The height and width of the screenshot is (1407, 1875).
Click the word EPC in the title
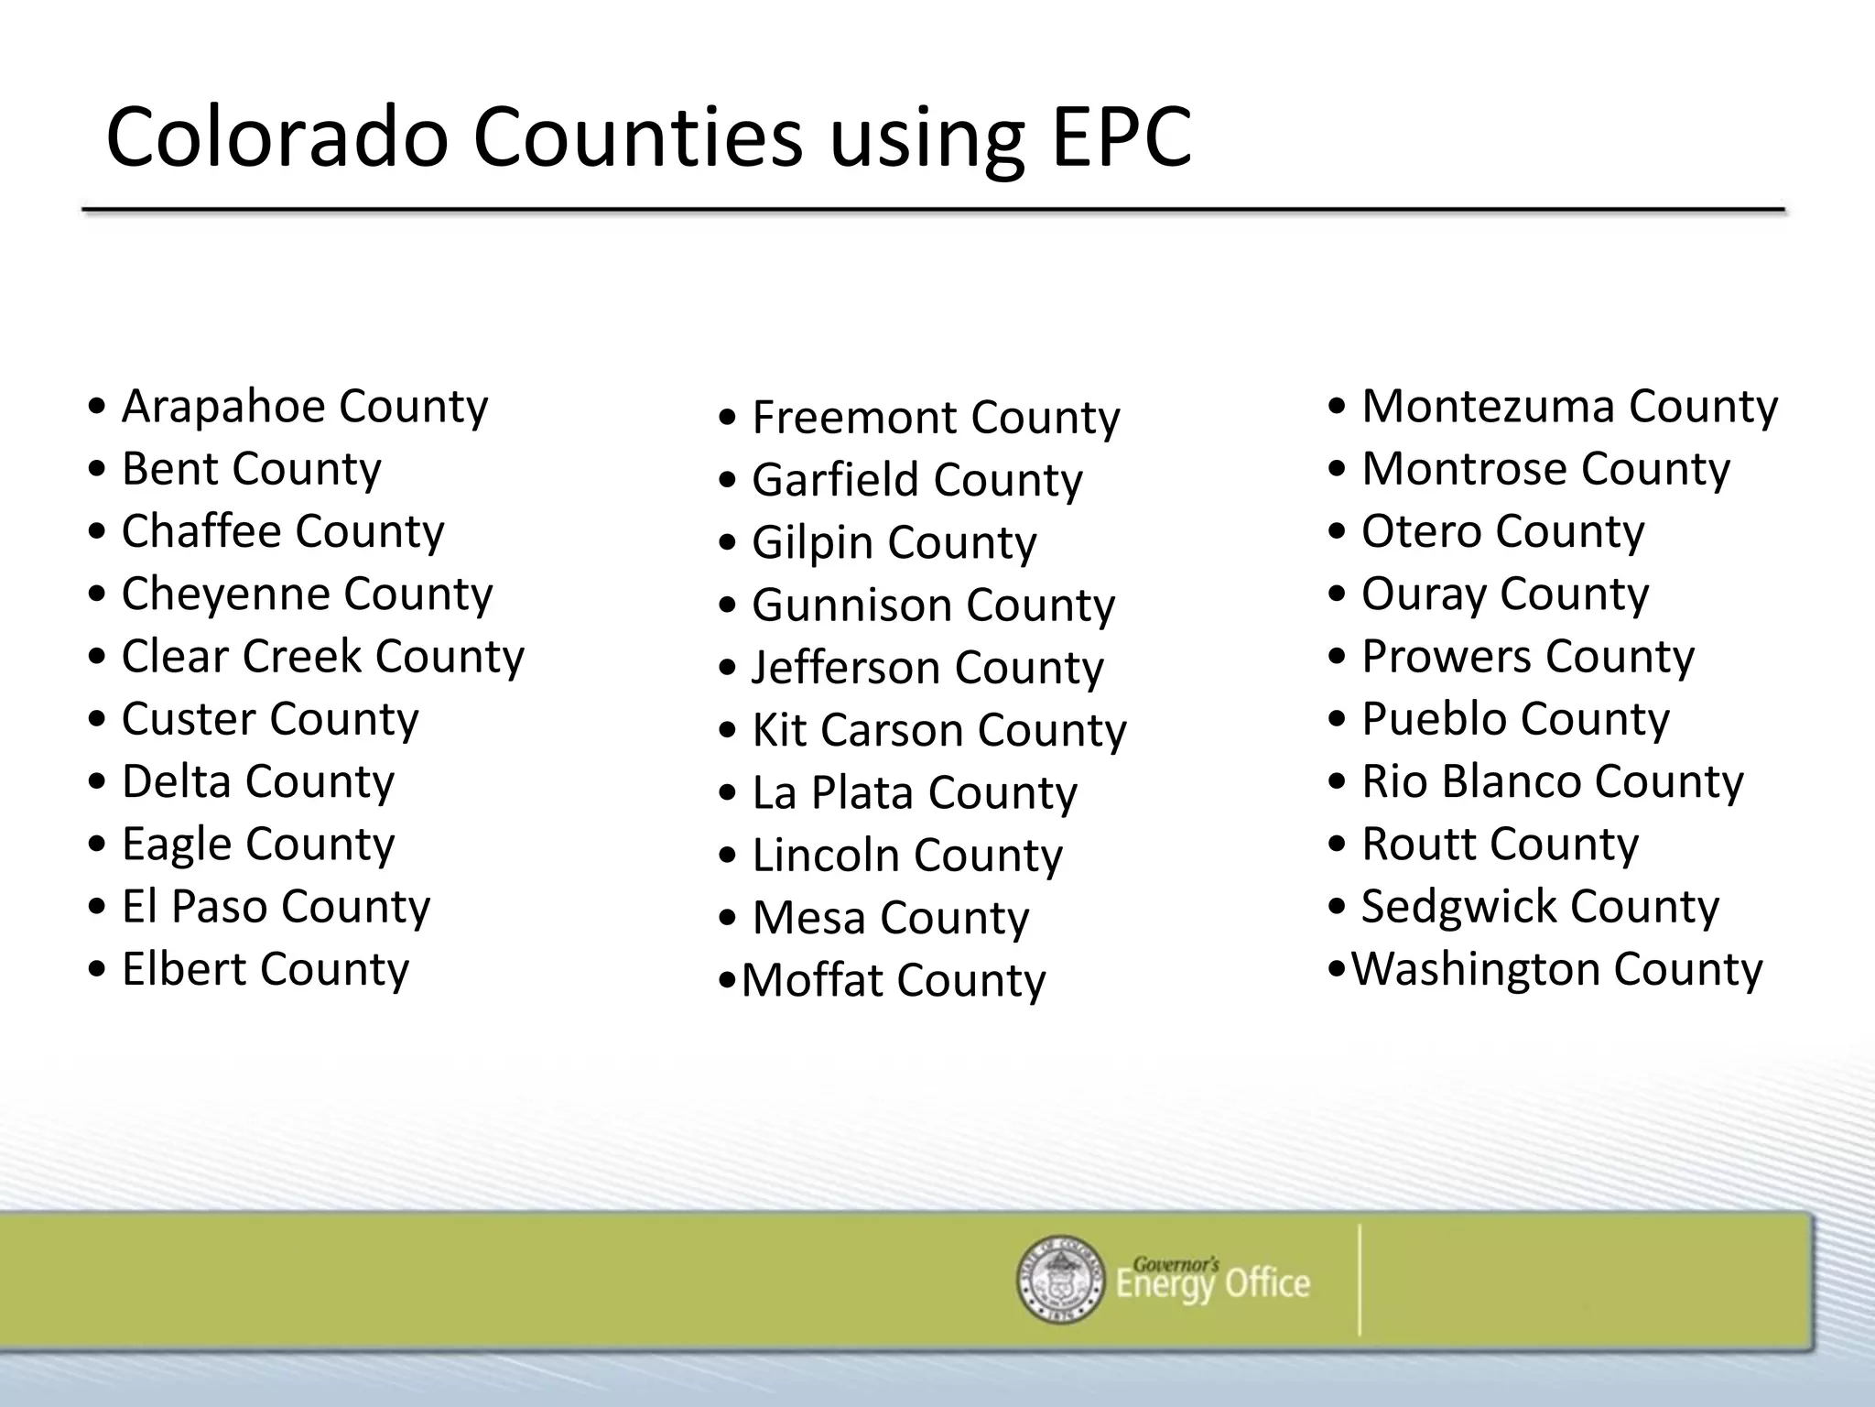1122,137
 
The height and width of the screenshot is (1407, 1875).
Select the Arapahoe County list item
304,406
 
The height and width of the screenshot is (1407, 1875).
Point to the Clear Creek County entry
322,656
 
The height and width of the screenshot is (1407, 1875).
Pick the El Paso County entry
276,906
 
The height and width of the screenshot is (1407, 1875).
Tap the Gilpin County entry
894,542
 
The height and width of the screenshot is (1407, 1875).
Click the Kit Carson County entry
938,730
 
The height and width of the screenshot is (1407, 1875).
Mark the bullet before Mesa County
728,918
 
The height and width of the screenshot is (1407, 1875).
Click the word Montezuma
1488,406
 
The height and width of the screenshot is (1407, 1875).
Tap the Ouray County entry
1504,594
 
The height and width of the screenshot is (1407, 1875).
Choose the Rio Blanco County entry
1552,781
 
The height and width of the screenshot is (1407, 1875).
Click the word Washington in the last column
1475,968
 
